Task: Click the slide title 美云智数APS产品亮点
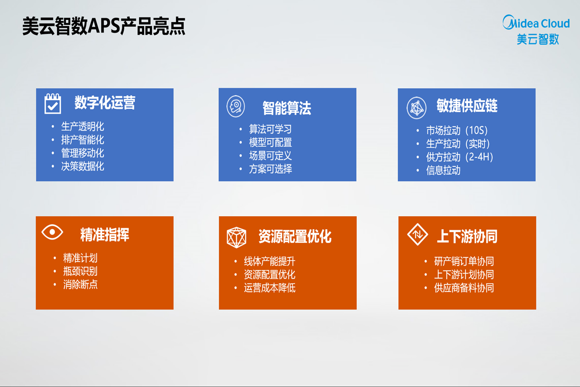104,27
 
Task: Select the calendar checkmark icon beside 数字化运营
53,104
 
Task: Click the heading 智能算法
287,108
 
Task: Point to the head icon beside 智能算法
236,106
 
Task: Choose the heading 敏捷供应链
467,106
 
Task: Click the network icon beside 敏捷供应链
416,107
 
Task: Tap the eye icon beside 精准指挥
52,232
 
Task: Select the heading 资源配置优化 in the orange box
295,237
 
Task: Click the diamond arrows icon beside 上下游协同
417,235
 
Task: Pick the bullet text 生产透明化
83,127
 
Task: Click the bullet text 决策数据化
83,166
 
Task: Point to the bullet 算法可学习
270,130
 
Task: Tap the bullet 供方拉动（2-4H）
459,157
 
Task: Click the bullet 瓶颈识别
80,271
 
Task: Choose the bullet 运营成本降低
270,288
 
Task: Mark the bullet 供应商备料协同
464,288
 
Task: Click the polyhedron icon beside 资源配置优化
237,237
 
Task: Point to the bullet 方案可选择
270,169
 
